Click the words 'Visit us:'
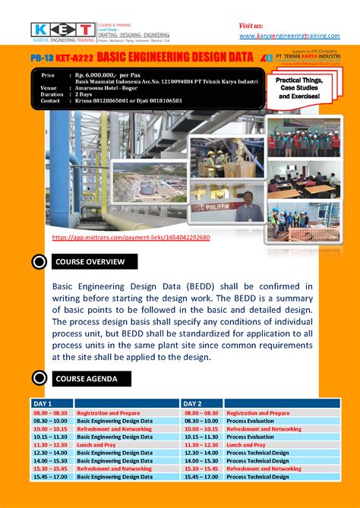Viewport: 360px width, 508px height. (251, 25)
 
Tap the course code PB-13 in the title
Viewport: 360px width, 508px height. (42, 57)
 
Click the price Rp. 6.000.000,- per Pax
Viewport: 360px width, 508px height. (106, 75)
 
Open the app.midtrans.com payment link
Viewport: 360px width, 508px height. (131, 238)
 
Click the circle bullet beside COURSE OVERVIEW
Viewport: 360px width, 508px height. (39, 263)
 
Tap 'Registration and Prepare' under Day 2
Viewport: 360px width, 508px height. (257, 413)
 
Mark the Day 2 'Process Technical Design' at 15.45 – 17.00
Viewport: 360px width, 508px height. (257, 477)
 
